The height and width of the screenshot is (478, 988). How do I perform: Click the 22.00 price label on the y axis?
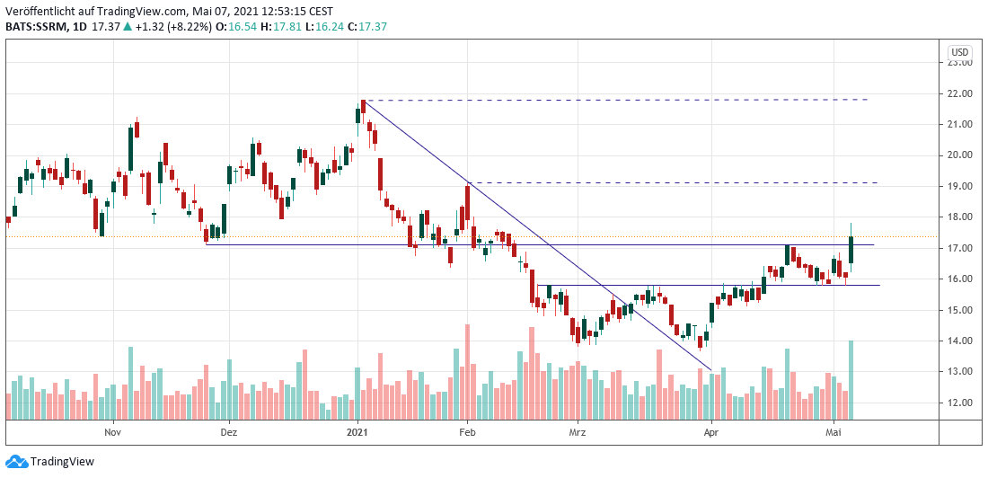pyautogui.click(x=960, y=93)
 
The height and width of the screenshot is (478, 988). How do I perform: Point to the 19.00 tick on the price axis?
pyautogui.click(x=960, y=186)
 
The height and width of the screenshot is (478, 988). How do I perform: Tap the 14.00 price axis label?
pyautogui.click(x=960, y=341)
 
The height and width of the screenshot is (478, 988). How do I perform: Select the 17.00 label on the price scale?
pyautogui.click(x=960, y=248)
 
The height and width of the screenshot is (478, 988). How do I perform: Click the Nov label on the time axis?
pyautogui.click(x=112, y=431)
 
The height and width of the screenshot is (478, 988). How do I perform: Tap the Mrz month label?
pyautogui.click(x=577, y=431)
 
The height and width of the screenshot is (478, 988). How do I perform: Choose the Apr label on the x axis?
pyautogui.click(x=711, y=431)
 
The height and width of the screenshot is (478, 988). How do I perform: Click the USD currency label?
pyautogui.click(x=960, y=51)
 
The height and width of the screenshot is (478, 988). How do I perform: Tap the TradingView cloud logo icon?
pyautogui.click(x=16, y=462)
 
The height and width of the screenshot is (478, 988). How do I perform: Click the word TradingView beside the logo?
pyautogui.click(x=62, y=462)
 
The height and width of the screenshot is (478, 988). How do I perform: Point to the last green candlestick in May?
pyautogui.click(x=851, y=250)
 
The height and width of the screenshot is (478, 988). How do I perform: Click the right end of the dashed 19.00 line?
pyautogui.click(x=877, y=183)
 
